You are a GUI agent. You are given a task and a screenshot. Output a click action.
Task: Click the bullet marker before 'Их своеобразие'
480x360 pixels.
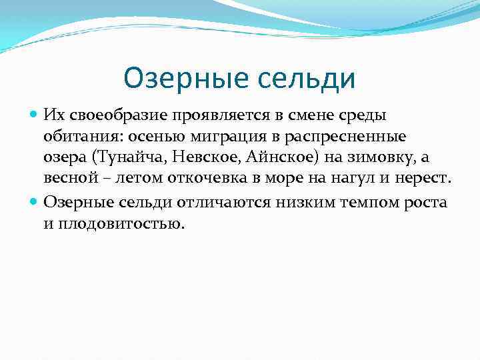coord(34,116)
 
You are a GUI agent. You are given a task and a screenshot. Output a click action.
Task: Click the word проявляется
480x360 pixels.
coord(217,116)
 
